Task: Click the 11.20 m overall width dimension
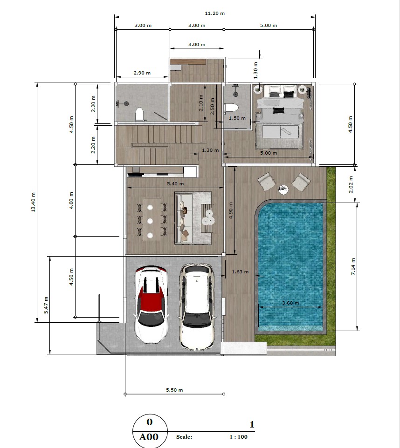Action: [x=215, y=14]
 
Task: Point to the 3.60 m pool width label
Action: [x=290, y=303]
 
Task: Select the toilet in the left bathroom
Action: [x=139, y=114]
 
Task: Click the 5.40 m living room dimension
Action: [x=175, y=184]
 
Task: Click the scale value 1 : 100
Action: [x=238, y=437]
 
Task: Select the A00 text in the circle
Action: [x=149, y=437]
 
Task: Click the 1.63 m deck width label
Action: [x=240, y=272]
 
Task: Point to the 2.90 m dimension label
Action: [x=142, y=73]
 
